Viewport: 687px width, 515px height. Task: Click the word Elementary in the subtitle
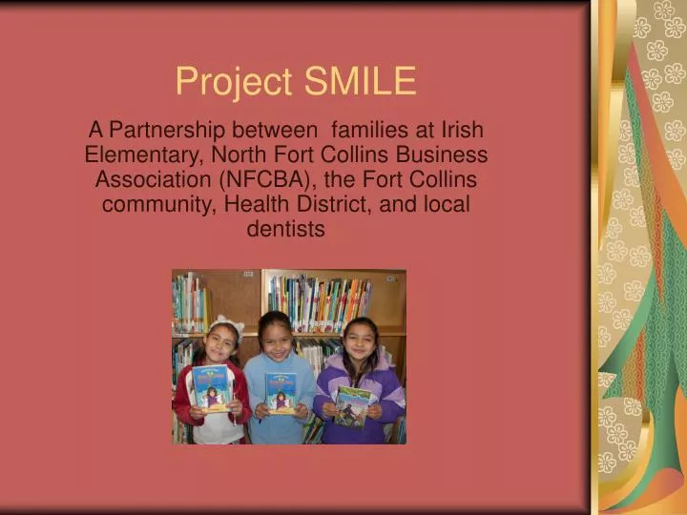[141, 155]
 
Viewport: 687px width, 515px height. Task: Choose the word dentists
[286, 230]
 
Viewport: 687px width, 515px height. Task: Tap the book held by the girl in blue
[281, 393]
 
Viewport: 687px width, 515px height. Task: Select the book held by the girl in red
[211, 387]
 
